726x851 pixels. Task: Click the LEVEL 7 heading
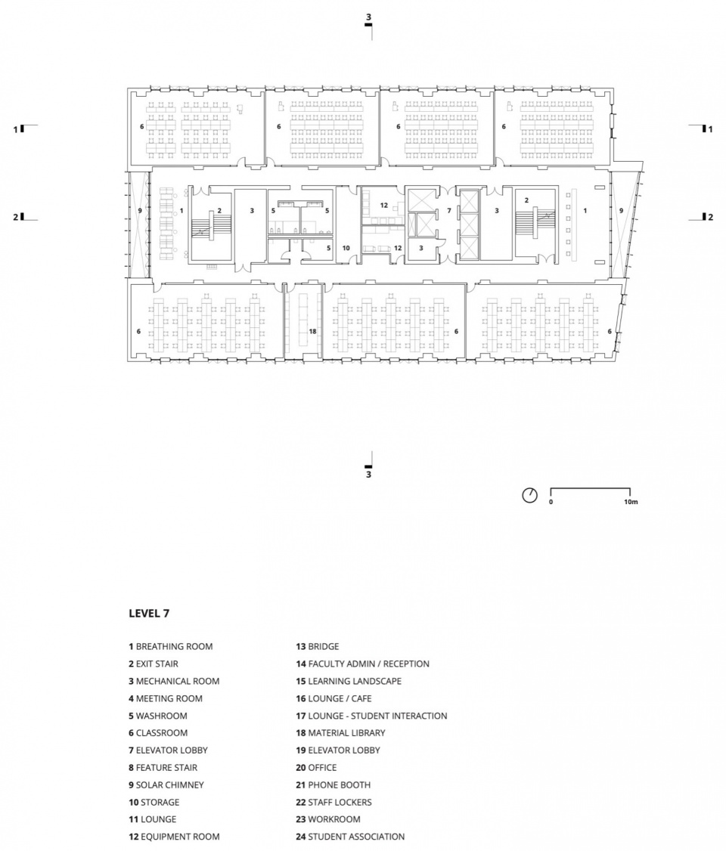tap(149, 613)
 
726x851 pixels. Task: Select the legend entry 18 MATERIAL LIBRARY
tap(340, 732)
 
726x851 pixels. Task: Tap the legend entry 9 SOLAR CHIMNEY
tap(166, 784)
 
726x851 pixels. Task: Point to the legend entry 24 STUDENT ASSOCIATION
tap(350, 837)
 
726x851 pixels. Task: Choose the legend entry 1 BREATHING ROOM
tap(170, 646)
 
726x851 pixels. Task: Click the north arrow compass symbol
tap(529, 495)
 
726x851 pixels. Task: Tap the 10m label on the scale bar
tap(631, 502)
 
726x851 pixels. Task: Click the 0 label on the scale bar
tap(551, 502)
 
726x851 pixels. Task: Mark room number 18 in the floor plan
tap(313, 331)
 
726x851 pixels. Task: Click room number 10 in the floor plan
tap(346, 248)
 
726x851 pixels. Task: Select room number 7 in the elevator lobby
tap(449, 211)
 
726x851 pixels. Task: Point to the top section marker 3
tap(369, 17)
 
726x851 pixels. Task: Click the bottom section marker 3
tap(369, 475)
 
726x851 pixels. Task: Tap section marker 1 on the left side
tap(16, 129)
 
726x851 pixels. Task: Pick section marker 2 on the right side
tap(710, 217)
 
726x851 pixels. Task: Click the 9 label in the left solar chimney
tap(140, 210)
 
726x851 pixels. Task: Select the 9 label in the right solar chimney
tap(621, 211)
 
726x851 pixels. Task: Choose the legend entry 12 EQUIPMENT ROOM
tap(174, 837)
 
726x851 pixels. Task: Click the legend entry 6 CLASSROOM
tap(158, 732)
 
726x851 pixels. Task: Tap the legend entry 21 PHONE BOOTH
tap(334, 784)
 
